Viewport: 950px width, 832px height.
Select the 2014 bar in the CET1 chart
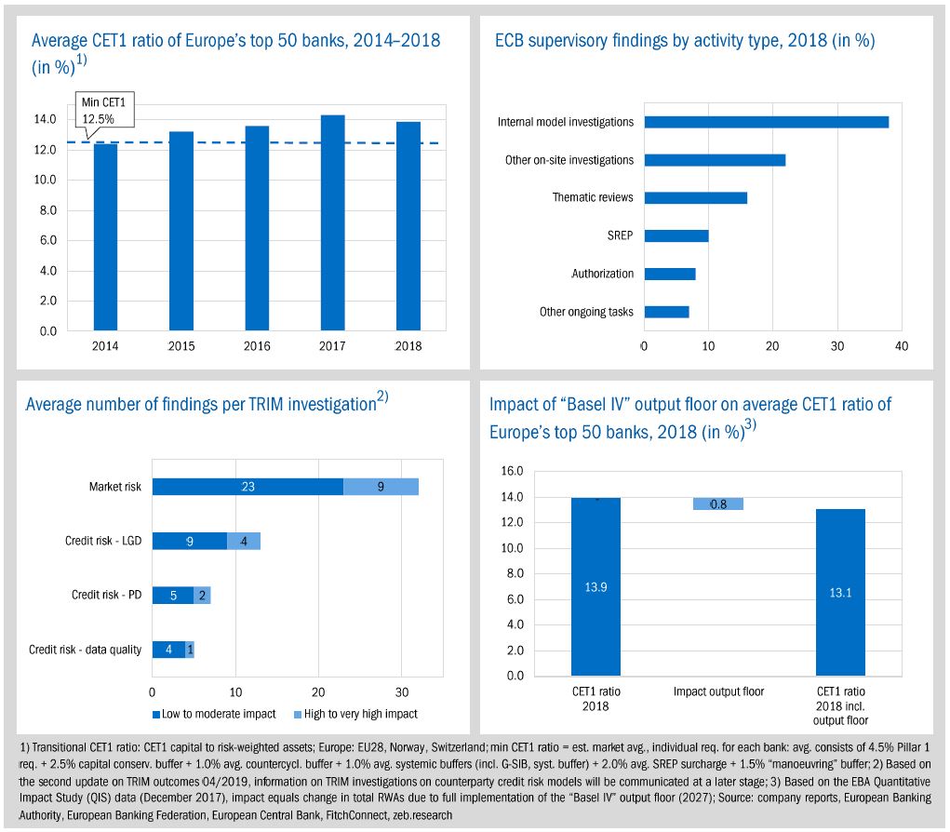pyautogui.click(x=105, y=237)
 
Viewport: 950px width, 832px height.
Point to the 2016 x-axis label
pyautogui.click(x=257, y=345)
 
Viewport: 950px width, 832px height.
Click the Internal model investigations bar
pyautogui.click(x=766, y=122)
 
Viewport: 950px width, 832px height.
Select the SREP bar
pyautogui.click(x=676, y=235)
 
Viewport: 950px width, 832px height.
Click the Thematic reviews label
pyautogui.click(x=593, y=197)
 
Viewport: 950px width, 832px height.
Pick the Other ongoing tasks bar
pyautogui.click(x=666, y=312)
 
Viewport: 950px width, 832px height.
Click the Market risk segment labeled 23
pyautogui.click(x=248, y=486)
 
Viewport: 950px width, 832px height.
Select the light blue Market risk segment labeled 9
pyautogui.click(x=381, y=486)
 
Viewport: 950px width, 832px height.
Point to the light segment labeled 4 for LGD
pyautogui.click(x=244, y=541)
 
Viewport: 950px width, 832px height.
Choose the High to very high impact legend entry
pyautogui.click(x=355, y=714)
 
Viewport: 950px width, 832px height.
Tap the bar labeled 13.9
pyautogui.click(x=595, y=586)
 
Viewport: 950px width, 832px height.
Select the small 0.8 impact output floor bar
pyautogui.click(x=717, y=503)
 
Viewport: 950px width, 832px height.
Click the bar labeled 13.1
pyautogui.click(x=840, y=593)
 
